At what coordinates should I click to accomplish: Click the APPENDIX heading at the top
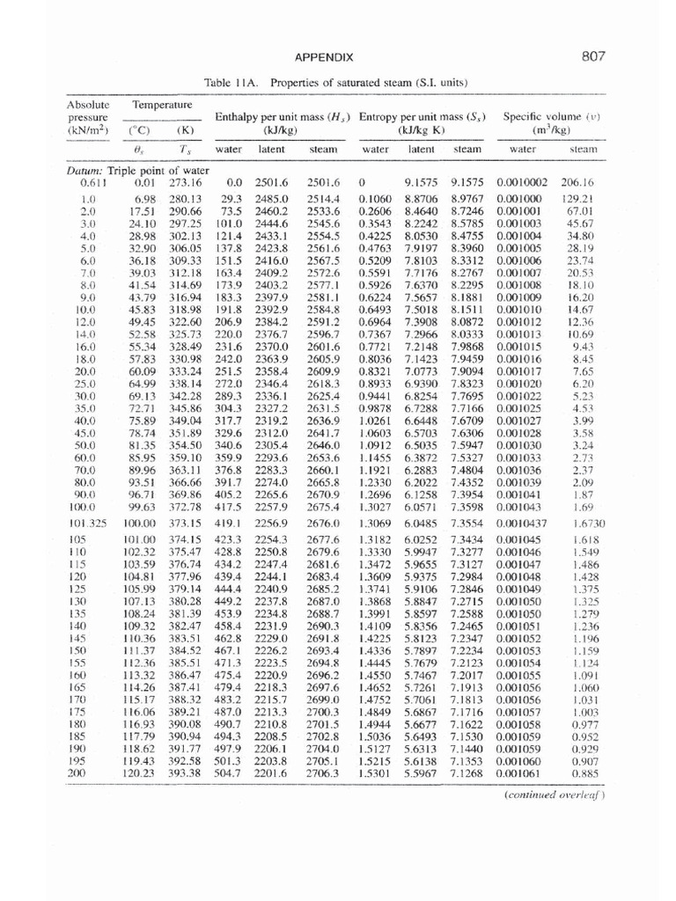point(324,58)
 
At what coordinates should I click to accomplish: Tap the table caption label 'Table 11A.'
point(232,83)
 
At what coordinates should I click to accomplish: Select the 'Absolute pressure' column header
point(88,117)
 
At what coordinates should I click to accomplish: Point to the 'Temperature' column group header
point(162,105)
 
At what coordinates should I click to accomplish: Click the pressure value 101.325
point(86,523)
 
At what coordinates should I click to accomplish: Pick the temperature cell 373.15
point(184,523)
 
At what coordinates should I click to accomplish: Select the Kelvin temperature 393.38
point(184,773)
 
